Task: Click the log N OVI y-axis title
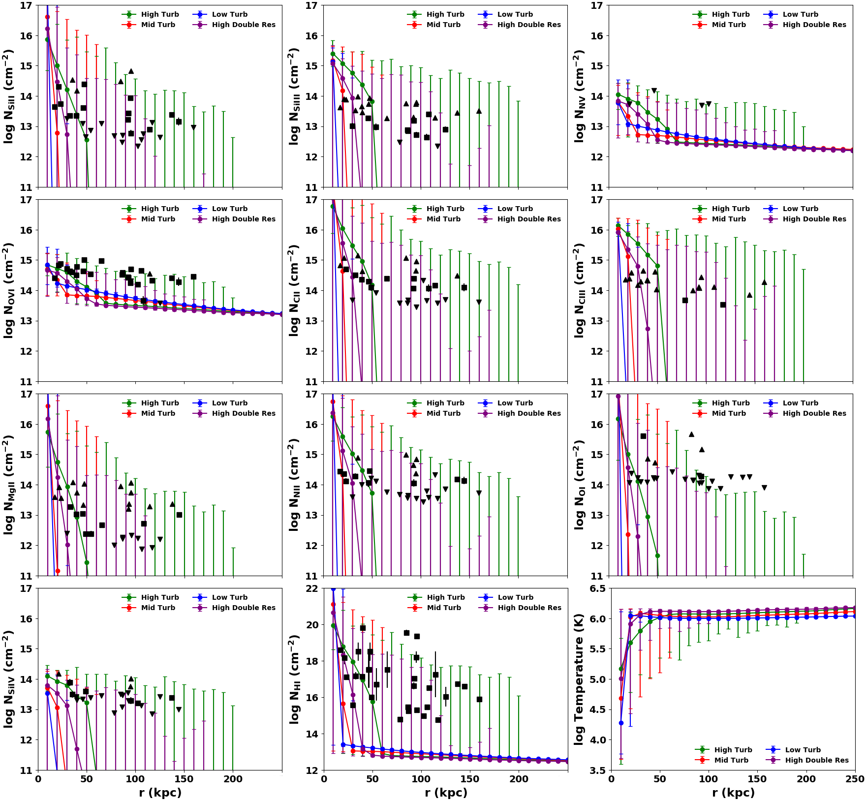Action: (x=8, y=290)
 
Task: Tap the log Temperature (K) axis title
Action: (x=580, y=679)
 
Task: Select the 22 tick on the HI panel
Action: (x=314, y=589)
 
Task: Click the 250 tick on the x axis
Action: (x=855, y=779)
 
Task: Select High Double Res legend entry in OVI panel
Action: (x=244, y=219)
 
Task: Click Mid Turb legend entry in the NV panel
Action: (x=729, y=25)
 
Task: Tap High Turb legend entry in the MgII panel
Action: (x=160, y=403)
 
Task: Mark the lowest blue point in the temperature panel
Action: (x=621, y=723)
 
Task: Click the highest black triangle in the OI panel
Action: (x=691, y=434)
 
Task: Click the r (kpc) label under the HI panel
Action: (x=446, y=793)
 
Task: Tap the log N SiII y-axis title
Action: (x=8, y=96)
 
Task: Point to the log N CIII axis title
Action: (x=580, y=290)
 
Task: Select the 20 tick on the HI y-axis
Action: (x=314, y=625)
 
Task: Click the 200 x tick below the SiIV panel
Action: (x=233, y=779)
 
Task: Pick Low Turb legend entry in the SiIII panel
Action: (x=515, y=14)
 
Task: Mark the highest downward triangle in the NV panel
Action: (x=654, y=91)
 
